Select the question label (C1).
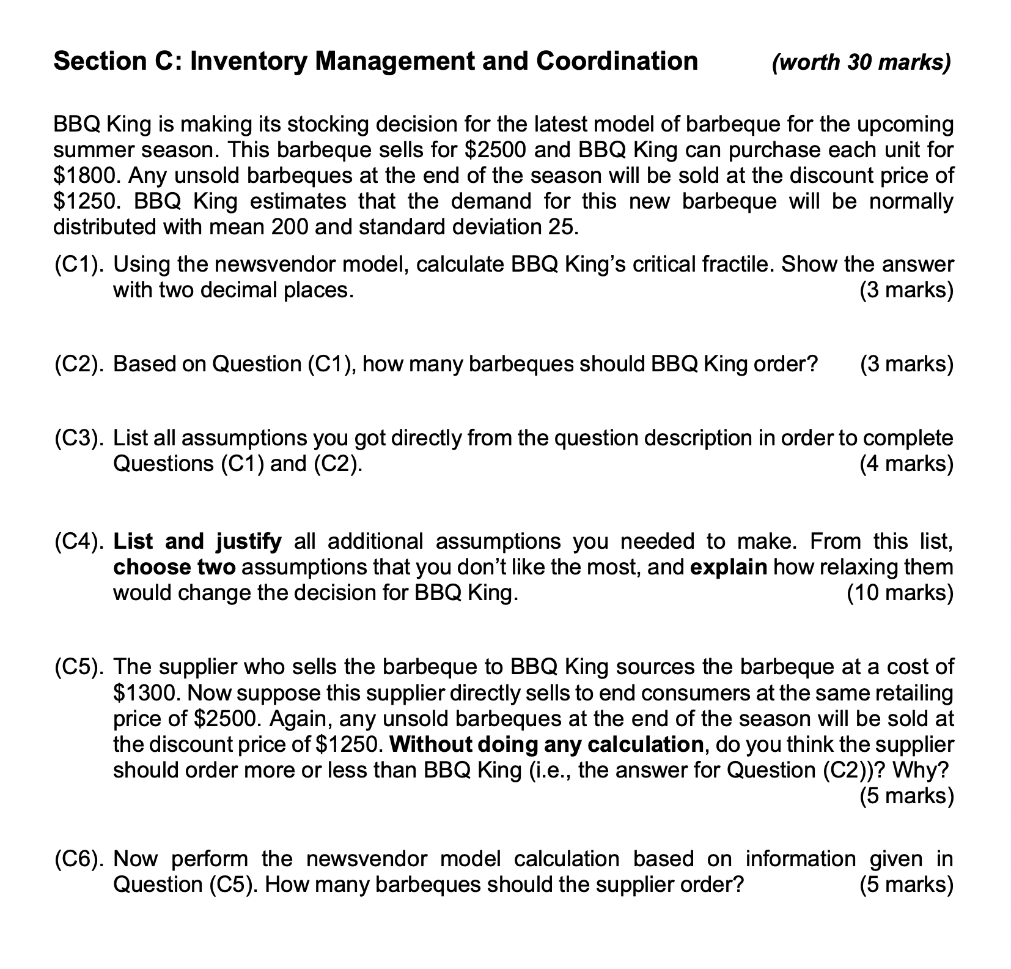click(x=78, y=264)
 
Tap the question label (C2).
click(x=78, y=364)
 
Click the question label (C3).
click(x=78, y=438)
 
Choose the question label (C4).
click(x=78, y=541)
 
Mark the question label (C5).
click(x=78, y=667)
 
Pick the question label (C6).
click(x=78, y=859)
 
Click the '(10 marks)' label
click(x=900, y=593)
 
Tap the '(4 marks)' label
click(x=906, y=464)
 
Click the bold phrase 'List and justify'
click(x=197, y=541)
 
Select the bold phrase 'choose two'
click(x=174, y=567)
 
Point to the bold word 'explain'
click(x=728, y=567)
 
